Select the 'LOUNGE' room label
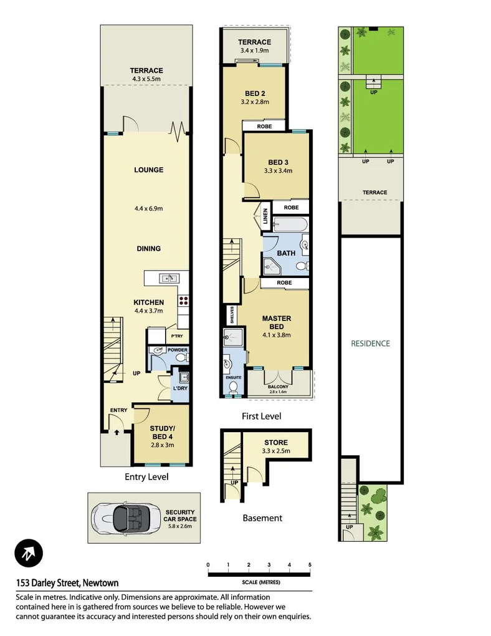[x=148, y=170]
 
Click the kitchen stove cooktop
[x=184, y=302]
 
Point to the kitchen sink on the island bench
[x=168, y=278]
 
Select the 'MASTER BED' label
[x=276, y=322]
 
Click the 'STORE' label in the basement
[x=276, y=443]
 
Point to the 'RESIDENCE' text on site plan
[x=370, y=343]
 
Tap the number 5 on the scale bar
[x=310, y=565]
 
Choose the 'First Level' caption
[x=261, y=416]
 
